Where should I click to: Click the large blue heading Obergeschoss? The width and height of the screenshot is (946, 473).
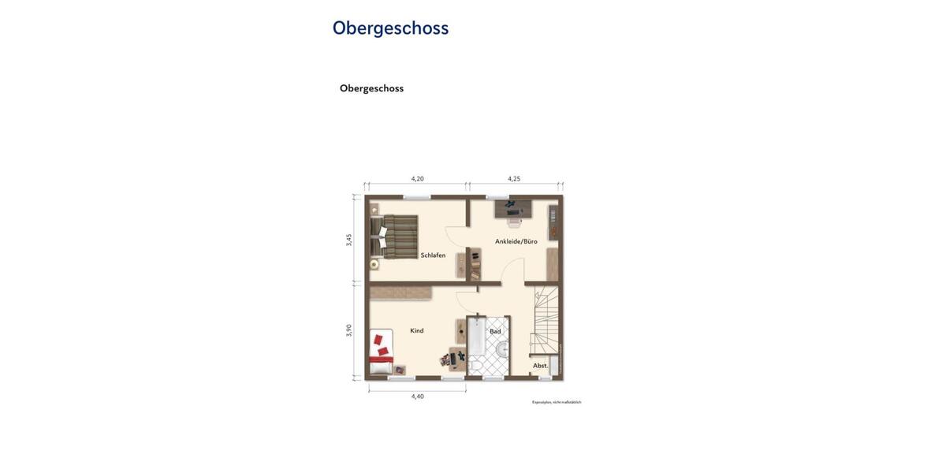(390, 28)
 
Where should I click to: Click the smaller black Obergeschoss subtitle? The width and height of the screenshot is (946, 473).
(371, 88)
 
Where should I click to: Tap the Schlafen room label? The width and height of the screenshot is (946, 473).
(433, 255)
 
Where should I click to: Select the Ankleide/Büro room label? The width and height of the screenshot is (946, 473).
(516, 241)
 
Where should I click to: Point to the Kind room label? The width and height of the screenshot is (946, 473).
(417, 331)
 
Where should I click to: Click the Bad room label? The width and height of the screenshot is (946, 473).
(495, 331)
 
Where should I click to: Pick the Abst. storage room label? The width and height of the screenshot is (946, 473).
(540, 366)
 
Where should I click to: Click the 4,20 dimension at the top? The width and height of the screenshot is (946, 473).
(418, 179)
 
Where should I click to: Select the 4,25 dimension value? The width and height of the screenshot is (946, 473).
(514, 179)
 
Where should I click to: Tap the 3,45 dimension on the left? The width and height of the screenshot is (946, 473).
(349, 240)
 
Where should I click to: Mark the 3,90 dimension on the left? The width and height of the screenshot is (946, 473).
(349, 330)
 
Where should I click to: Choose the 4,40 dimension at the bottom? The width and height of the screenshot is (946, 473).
(418, 397)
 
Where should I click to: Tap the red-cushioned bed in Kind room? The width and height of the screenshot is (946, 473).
(382, 352)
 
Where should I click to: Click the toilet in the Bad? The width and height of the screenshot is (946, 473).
(475, 366)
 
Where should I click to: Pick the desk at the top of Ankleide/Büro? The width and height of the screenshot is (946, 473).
(513, 209)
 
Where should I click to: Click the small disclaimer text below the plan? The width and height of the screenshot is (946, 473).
(557, 402)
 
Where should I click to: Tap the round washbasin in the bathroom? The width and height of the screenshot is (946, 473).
(502, 349)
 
